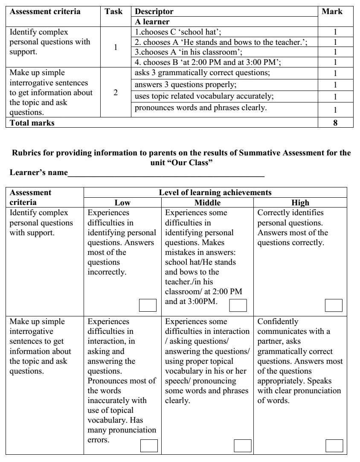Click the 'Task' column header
[113, 12]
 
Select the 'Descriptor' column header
[154, 12]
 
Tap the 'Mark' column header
[332, 12]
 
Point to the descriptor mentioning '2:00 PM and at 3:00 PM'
[208, 62]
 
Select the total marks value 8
[336, 123]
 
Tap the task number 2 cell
[116, 92]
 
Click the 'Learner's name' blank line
[166, 173]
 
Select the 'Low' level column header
[122, 203]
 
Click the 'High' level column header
[301, 203]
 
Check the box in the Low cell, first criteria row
[148, 305]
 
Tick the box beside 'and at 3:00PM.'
[238, 305]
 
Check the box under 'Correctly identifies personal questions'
[334, 305]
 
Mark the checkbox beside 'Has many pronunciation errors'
[149, 445]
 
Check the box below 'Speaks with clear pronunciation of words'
[334, 445]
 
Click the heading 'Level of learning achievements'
[215, 193]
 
